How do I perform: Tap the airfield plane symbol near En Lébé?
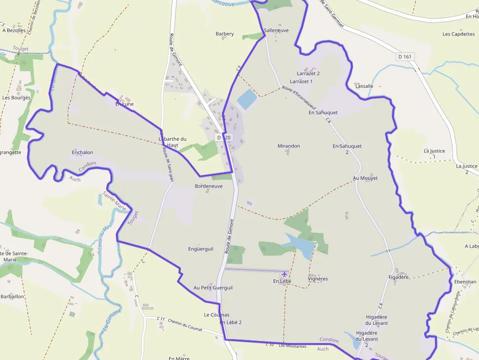coord(284,274)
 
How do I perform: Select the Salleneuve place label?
coord(276,30)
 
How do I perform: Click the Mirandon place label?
coord(289,146)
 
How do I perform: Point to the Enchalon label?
coord(82,152)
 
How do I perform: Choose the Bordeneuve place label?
coord(209,186)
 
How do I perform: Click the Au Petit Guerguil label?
coord(213,288)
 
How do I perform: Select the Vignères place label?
coord(318,279)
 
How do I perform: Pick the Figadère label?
coord(398,277)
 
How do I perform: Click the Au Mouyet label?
coord(366,178)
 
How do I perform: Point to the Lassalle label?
coord(365,86)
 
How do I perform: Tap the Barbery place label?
coord(225,34)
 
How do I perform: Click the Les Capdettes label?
coord(458,34)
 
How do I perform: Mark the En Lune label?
coord(124,104)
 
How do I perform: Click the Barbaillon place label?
coord(13,296)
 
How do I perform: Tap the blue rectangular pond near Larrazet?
coord(246,99)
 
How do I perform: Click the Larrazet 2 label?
coord(308,74)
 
